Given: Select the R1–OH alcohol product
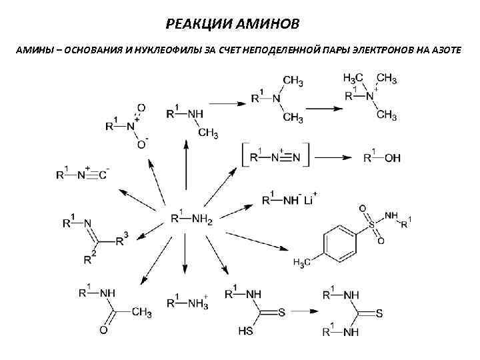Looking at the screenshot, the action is tap(382, 158).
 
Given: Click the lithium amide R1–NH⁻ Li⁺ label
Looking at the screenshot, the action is tap(289, 198).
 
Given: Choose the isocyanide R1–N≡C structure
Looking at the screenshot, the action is tap(83, 175).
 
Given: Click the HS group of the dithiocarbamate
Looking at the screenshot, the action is tap(245, 330).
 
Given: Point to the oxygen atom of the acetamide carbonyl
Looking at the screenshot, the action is tap(104, 330).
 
